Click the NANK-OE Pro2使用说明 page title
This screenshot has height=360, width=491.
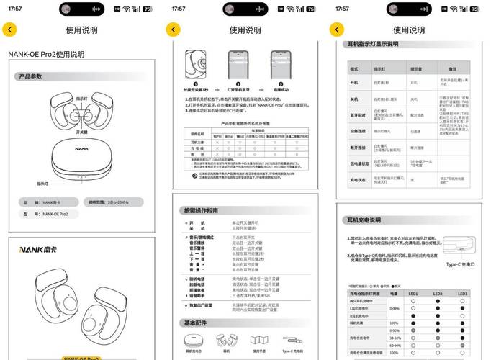click(x=46, y=54)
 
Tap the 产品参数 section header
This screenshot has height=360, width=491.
click(x=31, y=76)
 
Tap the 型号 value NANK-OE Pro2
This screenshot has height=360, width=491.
click(x=55, y=214)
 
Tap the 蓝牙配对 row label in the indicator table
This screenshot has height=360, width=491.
click(x=358, y=114)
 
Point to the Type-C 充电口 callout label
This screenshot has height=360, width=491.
click(x=461, y=264)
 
